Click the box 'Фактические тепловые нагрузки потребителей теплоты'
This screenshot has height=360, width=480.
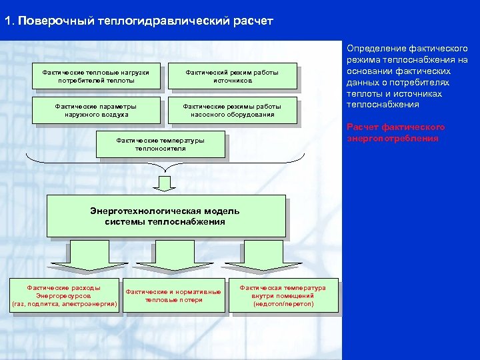[x=97, y=76]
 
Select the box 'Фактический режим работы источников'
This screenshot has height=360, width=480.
[x=232, y=76]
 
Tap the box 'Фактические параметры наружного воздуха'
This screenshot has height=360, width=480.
[x=97, y=110]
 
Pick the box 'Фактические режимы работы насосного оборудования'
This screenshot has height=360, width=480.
[x=232, y=110]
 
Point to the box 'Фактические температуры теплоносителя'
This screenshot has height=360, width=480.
[x=161, y=145]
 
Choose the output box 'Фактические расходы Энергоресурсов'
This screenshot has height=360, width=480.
[x=64, y=295]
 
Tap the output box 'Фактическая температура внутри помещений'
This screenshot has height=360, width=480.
[x=283, y=295]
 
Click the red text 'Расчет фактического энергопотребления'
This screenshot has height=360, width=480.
[x=396, y=133]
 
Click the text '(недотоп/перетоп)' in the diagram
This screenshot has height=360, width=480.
[x=283, y=304]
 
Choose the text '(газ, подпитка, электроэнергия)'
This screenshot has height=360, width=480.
[x=64, y=304]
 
